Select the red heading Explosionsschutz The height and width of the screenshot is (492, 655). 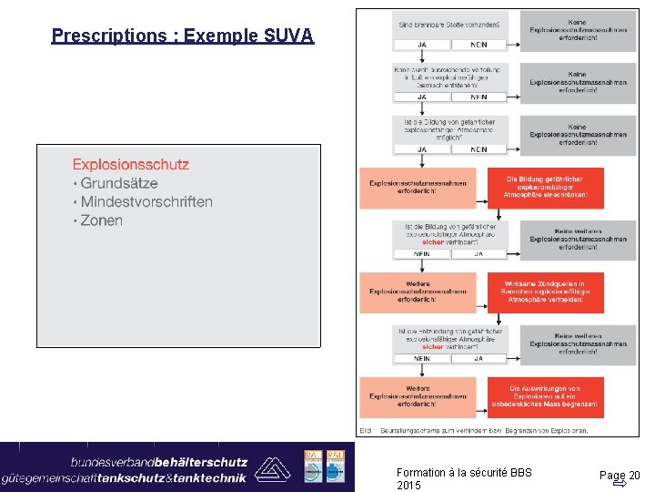pyautogui.click(x=131, y=165)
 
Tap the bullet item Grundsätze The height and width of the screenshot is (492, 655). pyautogui.click(x=118, y=184)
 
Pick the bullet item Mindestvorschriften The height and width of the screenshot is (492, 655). pyautogui.click(x=146, y=202)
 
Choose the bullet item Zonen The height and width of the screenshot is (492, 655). pyautogui.click(x=101, y=220)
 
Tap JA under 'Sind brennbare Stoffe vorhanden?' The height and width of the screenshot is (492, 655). pyautogui.click(x=421, y=44)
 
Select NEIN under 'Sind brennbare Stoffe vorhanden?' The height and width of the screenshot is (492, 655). pyautogui.click(x=478, y=44)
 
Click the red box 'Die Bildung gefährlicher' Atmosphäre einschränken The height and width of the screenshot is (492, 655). pyautogui.click(x=545, y=188)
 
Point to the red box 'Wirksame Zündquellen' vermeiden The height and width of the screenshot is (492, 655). pyautogui.click(x=545, y=292)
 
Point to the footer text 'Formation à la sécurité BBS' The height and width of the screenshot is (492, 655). pyautogui.click(x=464, y=472)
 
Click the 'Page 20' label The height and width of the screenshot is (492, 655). pyautogui.click(x=619, y=475)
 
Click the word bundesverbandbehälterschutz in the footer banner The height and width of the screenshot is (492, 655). pyautogui.click(x=159, y=460)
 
